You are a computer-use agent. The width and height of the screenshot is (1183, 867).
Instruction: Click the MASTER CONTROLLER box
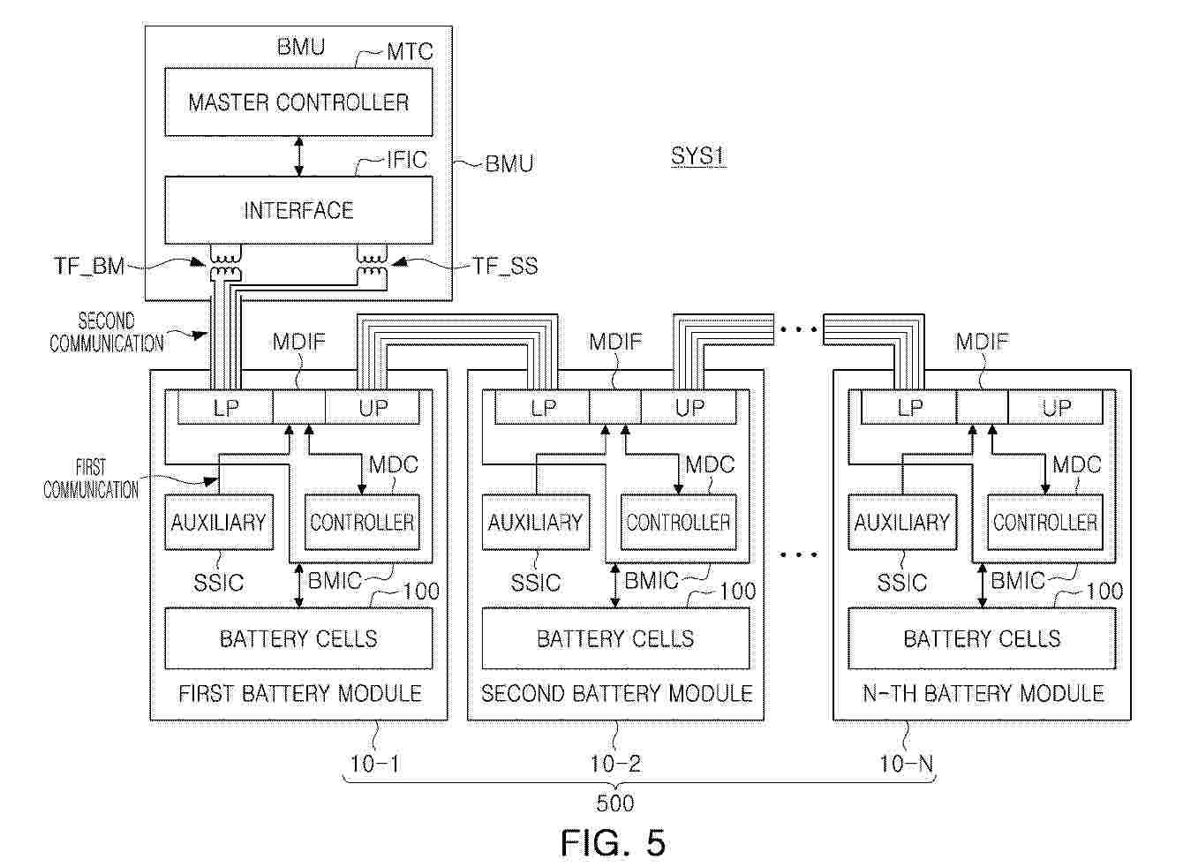[298, 102]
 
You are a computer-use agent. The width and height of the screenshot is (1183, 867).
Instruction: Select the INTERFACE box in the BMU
[298, 210]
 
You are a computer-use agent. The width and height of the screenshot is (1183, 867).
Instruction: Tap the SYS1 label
[697, 157]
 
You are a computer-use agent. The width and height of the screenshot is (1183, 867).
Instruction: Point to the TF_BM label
[90, 266]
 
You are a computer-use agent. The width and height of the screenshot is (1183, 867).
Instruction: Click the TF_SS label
[505, 266]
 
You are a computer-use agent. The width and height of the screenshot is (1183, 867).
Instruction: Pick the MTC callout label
[410, 51]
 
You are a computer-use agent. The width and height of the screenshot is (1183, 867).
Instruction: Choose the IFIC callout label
[406, 160]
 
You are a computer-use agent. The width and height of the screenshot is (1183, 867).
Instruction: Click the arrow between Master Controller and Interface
[299, 156]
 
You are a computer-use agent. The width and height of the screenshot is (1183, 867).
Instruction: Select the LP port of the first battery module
[225, 407]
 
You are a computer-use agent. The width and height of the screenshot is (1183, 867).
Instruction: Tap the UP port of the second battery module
[689, 407]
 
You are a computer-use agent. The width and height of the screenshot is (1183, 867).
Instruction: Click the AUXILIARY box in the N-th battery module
[901, 523]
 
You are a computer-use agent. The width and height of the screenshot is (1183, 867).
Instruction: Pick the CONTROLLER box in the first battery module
[361, 523]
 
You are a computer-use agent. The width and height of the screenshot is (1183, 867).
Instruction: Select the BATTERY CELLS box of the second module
[615, 638]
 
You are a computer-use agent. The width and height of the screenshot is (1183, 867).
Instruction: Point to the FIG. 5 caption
[613, 843]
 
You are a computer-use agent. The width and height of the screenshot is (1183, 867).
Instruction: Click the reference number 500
[614, 803]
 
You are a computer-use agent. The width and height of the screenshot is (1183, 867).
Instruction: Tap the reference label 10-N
[906, 764]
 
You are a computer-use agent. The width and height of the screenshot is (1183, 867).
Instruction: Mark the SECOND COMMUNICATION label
[106, 333]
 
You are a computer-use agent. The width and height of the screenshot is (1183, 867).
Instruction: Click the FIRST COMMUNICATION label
[91, 479]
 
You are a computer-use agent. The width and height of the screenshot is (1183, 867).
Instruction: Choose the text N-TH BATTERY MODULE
[983, 693]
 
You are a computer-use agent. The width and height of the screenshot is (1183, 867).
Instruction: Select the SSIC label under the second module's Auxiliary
[536, 583]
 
